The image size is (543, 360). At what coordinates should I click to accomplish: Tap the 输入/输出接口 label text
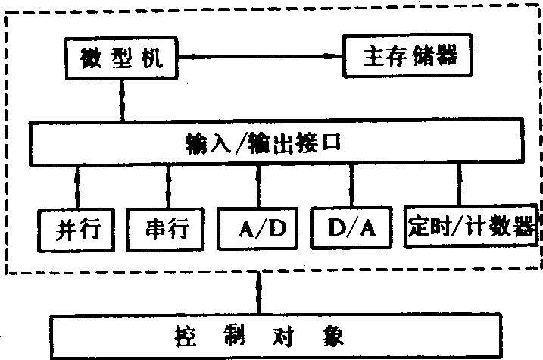tap(264, 142)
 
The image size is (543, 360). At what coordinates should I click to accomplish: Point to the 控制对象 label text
tap(259, 336)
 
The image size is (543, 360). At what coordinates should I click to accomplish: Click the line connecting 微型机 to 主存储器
tap(260, 56)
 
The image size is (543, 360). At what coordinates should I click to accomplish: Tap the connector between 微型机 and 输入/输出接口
tap(122, 100)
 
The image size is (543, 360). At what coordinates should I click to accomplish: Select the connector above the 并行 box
tap(77, 187)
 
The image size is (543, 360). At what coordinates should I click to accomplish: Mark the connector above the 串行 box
tap(168, 186)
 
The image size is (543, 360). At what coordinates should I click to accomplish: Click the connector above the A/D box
tap(259, 186)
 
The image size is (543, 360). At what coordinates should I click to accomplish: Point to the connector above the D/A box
tap(351, 185)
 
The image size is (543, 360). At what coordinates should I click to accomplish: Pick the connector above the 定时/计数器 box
tap(460, 183)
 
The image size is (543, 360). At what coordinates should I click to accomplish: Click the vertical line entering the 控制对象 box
tap(259, 293)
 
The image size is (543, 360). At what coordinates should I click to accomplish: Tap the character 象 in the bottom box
tap(333, 336)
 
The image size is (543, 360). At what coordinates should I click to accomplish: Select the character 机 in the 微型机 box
tap(152, 58)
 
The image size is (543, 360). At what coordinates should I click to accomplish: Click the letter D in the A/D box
tap(278, 228)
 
